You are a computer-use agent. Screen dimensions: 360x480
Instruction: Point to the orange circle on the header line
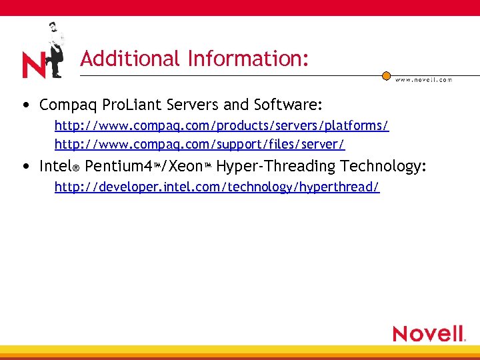click(386, 76)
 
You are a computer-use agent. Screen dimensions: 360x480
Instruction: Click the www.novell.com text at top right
click(423, 79)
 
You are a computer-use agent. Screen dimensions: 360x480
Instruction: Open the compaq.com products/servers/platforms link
click(221, 125)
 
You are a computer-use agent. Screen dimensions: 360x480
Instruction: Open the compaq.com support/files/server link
click(199, 143)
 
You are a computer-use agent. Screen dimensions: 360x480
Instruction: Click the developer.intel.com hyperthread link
click(217, 187)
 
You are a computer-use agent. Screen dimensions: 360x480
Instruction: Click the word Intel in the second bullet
click(55, 166)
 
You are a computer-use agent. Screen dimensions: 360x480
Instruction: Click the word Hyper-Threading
click(276, 166)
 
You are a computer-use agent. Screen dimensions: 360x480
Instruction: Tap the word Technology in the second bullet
click(383, 166)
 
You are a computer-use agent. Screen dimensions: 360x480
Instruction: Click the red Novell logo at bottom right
click(429, 333)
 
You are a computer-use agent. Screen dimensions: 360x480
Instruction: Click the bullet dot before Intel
click(25, 167)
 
